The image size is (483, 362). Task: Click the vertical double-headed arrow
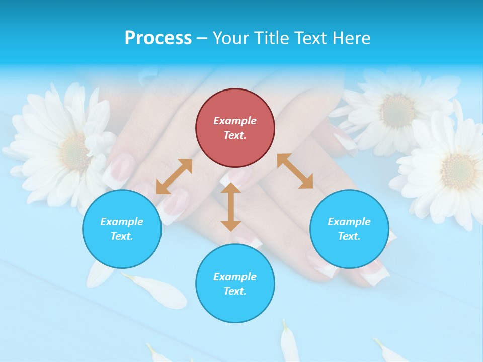[231, 207]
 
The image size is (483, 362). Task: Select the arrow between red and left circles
[174, 176]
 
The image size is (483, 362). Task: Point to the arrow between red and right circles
[295, 171]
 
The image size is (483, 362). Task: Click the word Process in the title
[158, 38]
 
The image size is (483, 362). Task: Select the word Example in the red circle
[235, 121]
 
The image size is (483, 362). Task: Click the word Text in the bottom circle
[234, 291]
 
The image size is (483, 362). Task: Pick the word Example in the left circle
[122, 222]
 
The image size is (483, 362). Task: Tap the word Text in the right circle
[349, 236]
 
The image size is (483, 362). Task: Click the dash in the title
[202, 38]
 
